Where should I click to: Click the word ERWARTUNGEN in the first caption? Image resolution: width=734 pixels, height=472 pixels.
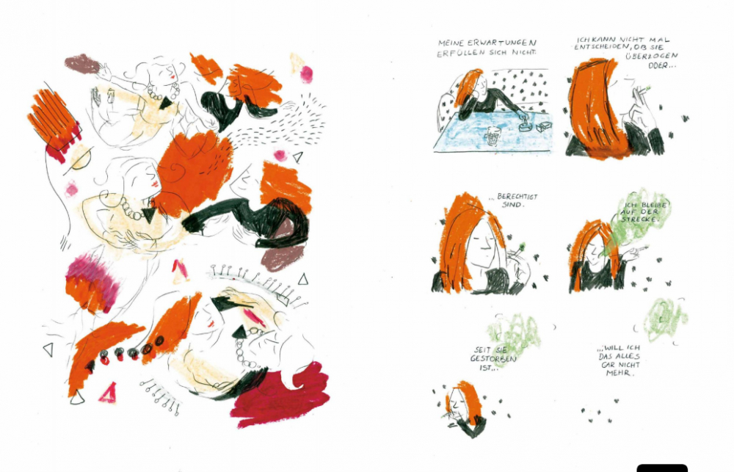[506, 43]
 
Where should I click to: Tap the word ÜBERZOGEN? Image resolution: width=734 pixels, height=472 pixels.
[652, 56]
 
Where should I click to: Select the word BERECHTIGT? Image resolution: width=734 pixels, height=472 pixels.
[517, 197]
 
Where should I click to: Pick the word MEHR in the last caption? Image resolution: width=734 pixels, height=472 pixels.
[618, 373]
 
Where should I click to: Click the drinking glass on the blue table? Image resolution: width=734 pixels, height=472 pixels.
[493, 136]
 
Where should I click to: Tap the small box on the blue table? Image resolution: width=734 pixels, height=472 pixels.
[544, 126]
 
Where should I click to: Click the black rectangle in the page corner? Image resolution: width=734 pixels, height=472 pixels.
[662, 468]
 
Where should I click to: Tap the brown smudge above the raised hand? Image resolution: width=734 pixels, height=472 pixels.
[82, 64]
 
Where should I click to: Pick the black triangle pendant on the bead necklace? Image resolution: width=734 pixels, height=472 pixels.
[150, 215]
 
